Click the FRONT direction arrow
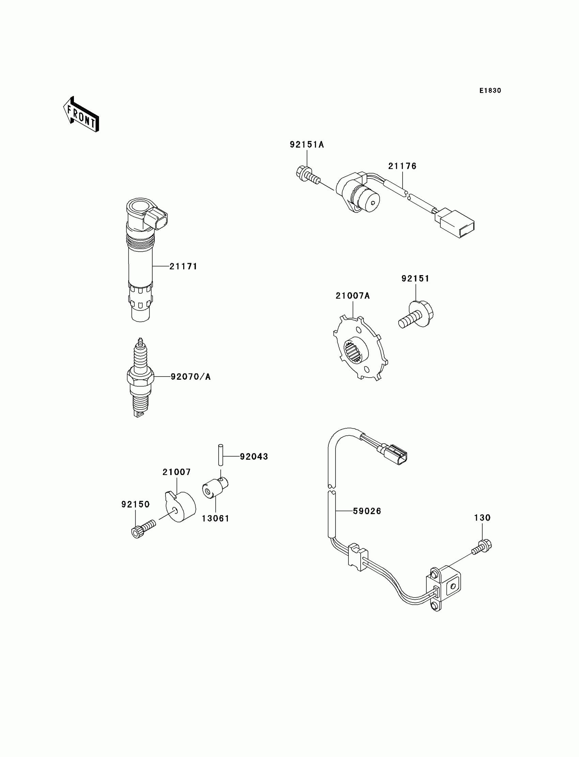pos(81,115)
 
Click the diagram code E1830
pos(490,91)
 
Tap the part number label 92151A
pos(307,145)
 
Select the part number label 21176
pos(402,166)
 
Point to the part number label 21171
pos(183,266)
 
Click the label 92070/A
pos(191,377)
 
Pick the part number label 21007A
pos(353,296)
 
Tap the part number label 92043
pos(254,457)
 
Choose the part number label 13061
pos(215,518)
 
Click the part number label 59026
pos(367,511)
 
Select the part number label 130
pos(482,518)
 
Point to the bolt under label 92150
pos(143,529)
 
